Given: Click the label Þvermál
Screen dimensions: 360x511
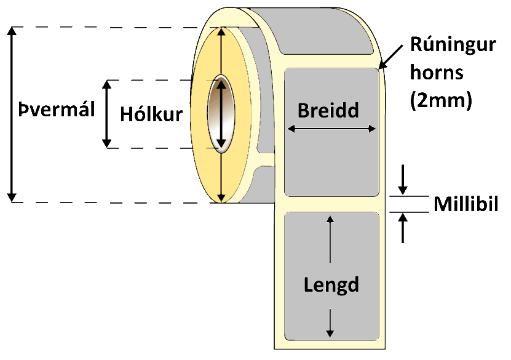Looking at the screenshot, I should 57,111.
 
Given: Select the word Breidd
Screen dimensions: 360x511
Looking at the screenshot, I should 328,111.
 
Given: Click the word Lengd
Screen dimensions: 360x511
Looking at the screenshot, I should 331,285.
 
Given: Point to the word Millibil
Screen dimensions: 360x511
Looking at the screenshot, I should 465,204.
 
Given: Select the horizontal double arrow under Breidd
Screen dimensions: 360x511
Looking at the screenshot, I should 332,129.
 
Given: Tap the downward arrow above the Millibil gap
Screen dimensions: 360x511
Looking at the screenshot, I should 403,179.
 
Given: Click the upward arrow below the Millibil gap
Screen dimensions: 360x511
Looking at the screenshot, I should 403,227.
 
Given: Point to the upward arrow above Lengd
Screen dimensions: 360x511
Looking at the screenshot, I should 331,240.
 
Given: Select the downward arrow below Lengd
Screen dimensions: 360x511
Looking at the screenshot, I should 331,323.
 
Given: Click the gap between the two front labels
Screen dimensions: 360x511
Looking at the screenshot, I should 331,204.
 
